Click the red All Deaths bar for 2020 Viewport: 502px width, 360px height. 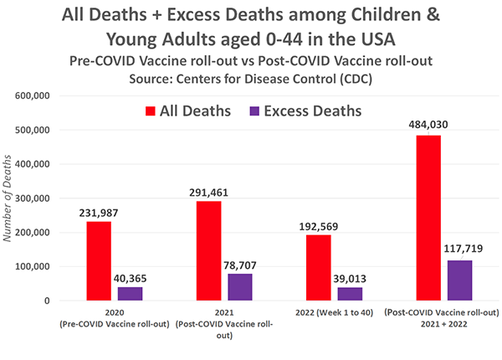pos(99,260)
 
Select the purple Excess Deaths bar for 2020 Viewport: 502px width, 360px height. pos(130,293)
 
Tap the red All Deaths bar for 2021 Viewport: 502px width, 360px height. pos(207,250)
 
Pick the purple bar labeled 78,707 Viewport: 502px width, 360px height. pos(239,286)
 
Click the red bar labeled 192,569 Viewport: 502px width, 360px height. pos(317,267)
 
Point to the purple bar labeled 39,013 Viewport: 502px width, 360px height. pos(350,294)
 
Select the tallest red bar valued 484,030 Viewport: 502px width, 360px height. pos(428,218)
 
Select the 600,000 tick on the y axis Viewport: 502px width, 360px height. pos(54,96)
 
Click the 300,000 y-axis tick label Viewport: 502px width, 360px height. pos(54,198)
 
